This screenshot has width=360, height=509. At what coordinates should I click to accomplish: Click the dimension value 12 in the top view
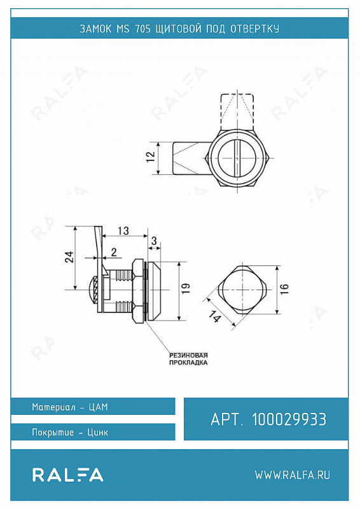(151, 158)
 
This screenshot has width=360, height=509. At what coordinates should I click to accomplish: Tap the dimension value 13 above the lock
(123, 231)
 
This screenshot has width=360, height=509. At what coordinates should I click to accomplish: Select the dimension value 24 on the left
(70, 257)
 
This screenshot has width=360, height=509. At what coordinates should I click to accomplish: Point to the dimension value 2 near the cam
(114, 252)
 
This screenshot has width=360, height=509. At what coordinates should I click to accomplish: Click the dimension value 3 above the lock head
(154, 241)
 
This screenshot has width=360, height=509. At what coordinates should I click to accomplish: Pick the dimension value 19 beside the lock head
(186, 289)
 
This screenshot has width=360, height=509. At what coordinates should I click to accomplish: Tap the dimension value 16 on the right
(284, 289)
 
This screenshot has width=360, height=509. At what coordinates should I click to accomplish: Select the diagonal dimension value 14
(214, 316)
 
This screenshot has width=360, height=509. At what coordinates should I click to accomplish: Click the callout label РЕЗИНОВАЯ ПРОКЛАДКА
(188, 359)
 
